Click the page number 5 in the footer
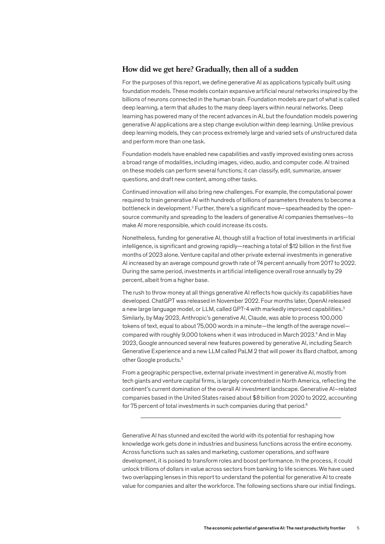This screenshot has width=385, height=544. [x=358, y=528]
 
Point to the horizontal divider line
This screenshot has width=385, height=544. [x=241, y=418]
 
